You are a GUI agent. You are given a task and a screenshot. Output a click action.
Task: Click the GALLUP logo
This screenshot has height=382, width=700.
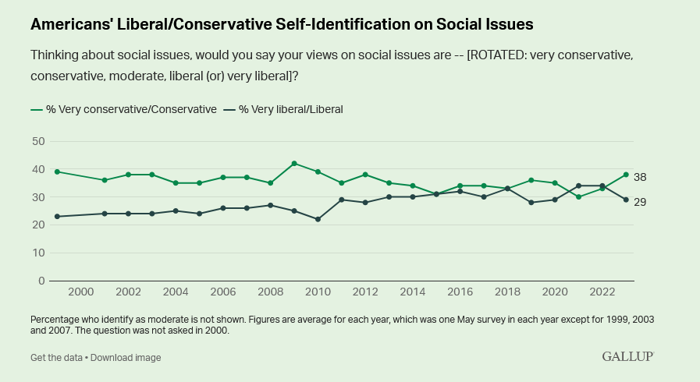(x=627, y=356)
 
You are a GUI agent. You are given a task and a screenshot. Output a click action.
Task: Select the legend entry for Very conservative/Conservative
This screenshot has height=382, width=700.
(x=124, y=109)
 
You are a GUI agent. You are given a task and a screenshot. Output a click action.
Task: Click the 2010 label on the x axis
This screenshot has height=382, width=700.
(x=318, y=292)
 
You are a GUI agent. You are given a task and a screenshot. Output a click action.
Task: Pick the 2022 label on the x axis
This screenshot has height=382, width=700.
(x=602, y=292)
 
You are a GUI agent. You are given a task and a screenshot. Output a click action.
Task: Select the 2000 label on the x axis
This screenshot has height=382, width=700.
(x=81, y=292)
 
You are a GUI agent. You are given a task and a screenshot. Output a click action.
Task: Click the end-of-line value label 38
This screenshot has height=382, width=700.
(x=639, y=177)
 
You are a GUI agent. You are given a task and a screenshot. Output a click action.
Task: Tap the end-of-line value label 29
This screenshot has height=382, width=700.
(x=639, y=202)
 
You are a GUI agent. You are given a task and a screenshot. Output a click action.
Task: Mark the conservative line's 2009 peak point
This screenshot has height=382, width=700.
(x=294, y=164)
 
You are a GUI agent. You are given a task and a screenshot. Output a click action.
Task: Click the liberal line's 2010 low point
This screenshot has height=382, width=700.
(x=318, y=219)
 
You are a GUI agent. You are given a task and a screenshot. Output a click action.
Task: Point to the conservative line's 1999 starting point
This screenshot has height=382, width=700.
(x=58, y=172)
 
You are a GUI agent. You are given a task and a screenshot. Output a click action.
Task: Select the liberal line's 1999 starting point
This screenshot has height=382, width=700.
(x=58, y=217)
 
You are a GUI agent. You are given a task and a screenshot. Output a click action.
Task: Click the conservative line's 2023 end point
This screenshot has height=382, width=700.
(x=626, y=175)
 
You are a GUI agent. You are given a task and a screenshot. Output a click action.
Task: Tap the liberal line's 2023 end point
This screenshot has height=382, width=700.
(x=626, y=200)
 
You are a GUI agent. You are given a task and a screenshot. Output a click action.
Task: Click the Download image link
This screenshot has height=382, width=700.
(x=126, y=357)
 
